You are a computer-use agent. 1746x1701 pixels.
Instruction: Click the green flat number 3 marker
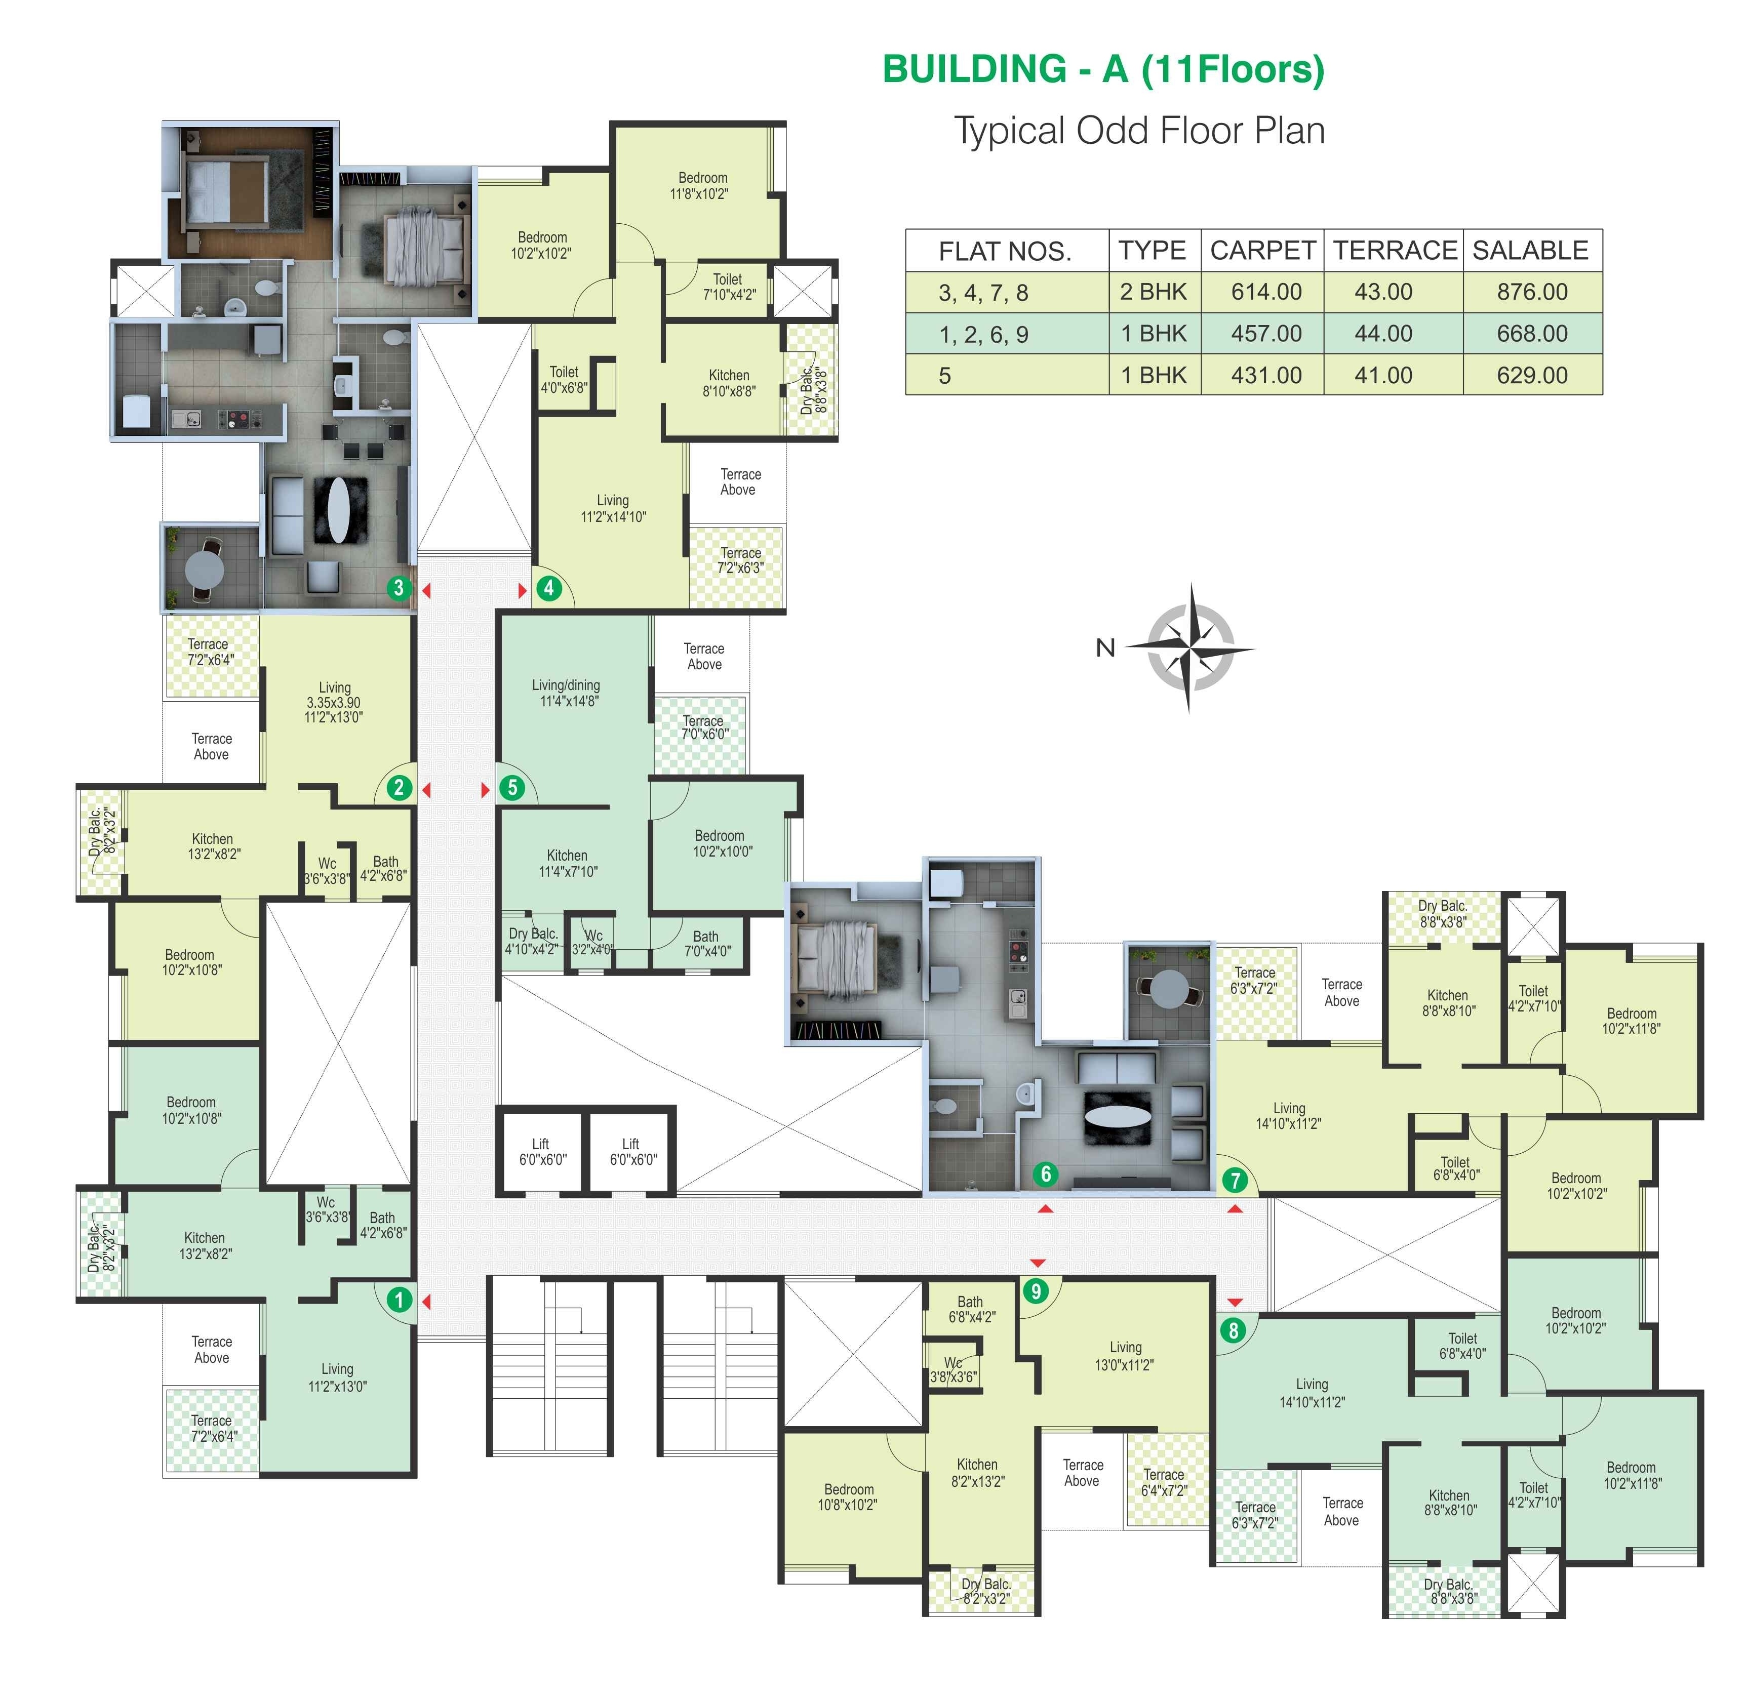tap(399, 588)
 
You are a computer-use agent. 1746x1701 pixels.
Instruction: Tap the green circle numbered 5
tap(512, 788)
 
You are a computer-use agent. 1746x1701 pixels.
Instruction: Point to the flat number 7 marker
tap(1235, 1180)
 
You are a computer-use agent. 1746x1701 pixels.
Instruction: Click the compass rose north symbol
tap(1189, 647)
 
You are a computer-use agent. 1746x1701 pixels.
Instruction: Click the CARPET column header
tap(1262, 250)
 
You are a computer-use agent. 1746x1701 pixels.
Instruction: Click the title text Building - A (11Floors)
tap(1103, 69)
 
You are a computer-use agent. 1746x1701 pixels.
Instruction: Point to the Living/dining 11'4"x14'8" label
tap(567, 693)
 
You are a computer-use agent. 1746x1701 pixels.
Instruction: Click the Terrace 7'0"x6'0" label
tap(704, 727)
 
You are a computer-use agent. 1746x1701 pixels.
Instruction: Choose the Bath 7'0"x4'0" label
tap(706, 944)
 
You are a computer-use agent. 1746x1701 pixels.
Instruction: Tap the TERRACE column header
tap(1395, 250)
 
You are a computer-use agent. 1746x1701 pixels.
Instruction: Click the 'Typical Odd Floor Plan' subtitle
tap(1139, 131)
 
